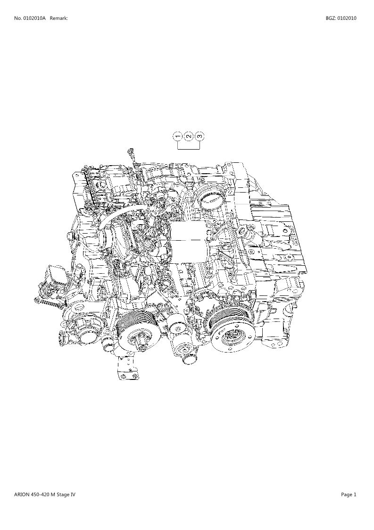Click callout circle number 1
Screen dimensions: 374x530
tap(178, 136)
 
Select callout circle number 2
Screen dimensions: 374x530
tap(189, 136)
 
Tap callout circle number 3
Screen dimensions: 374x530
tap(200, 136)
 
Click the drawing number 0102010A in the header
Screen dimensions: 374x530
tap(34, 18)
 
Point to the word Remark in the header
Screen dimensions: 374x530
tap(58, 18)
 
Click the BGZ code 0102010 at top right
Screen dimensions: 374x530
tap(346, 18)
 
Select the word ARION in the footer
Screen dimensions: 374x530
tap(22, 495)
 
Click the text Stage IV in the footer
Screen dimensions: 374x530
tap(66, 495)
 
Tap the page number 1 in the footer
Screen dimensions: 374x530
tap(355, 495)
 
